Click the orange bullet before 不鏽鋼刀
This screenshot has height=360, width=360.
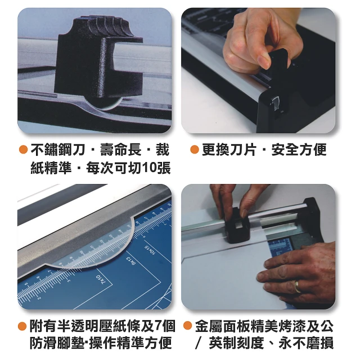coord(24,150)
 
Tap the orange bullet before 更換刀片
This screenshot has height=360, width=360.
coord(194,150)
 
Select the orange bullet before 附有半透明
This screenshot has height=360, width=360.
coord(22,326)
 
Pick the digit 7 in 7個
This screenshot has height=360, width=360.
coord(159,326)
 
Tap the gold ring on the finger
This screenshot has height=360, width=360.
coord(297,286)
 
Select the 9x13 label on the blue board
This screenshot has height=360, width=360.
coord(130,262)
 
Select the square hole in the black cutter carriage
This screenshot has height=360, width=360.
coord(237,226)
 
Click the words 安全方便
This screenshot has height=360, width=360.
coord(299,150)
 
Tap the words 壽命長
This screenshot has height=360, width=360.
coord(121,150)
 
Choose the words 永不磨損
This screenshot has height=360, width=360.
coord(306,344)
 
